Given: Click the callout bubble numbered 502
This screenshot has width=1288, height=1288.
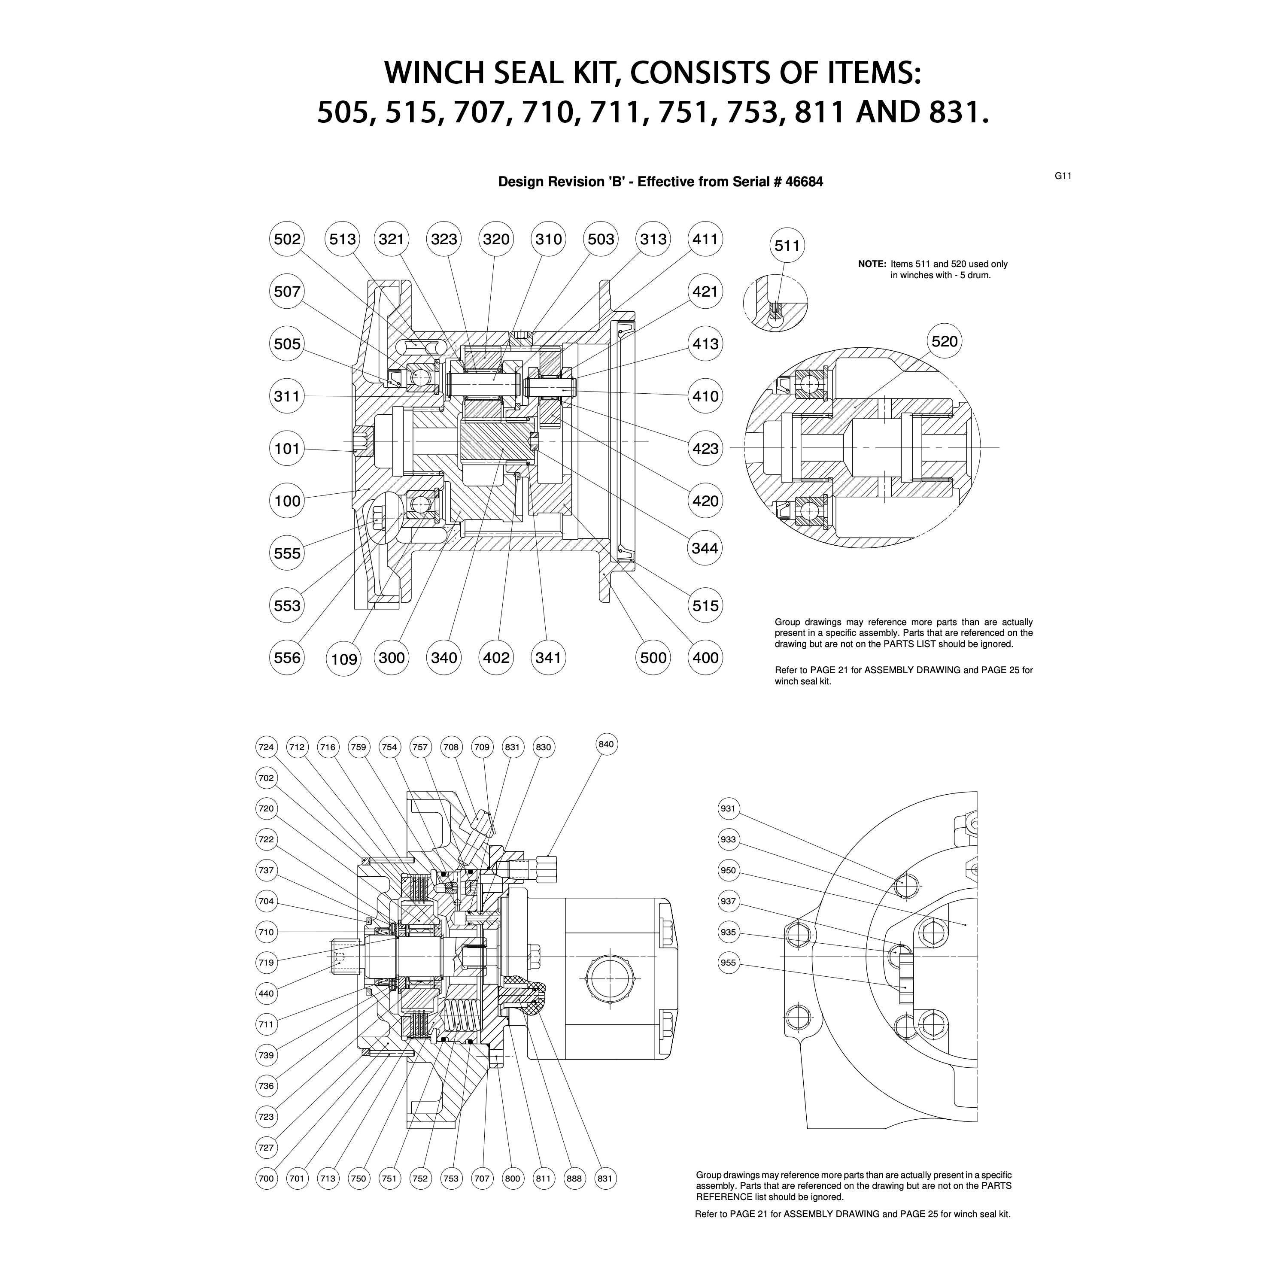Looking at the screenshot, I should pyautogui.click(x=287, y=239).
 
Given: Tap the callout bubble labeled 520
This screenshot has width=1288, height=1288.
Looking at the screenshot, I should pyautogui.click(x=944, y=341).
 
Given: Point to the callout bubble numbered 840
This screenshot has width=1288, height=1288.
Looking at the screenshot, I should pyautogui.click(x=606, y=744).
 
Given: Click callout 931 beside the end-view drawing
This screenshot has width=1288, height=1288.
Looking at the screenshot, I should pyautogui.click(x=728, y=809).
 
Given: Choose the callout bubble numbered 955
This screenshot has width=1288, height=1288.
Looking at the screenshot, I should pyautogui.click(x=728, y=963).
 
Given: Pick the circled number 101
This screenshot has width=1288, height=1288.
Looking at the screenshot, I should pyautogui.click(x=287, y=449).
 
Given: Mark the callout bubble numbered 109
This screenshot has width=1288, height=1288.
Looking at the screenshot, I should pyautogui.click(x=344, y=659).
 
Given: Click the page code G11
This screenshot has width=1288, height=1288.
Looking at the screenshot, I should pyautogui.click(x=1063, y=176).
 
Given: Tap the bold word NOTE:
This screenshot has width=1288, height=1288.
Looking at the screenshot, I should pyautogui.click(x=872, y=264).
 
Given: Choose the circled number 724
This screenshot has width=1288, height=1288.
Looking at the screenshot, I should pyautogui.click(x=266, y=747).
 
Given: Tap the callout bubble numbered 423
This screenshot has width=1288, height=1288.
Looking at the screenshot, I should pyautogui.click(x=705, y=449).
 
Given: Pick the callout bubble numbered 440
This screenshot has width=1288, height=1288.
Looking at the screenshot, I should pyautogui.click(x=266, y=993).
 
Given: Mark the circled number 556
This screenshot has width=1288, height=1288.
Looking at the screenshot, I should pyautogui.click(x=287, y=658).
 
